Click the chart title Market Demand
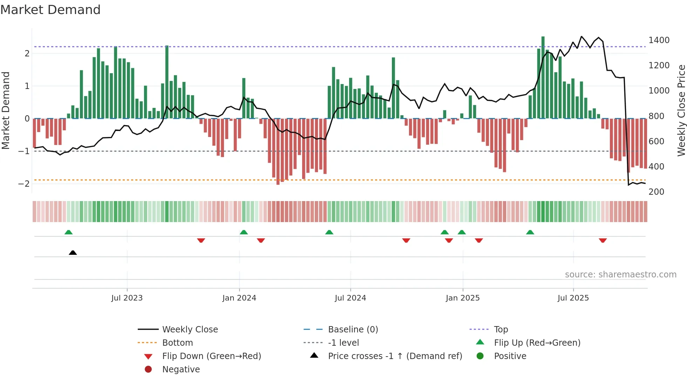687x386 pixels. (x=50, y=10)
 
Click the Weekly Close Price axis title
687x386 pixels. (x=681, y=110)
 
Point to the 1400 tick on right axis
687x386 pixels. (x=659, y=40)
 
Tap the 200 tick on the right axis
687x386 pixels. (x=656, y=192)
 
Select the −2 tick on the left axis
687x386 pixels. (x=24, y=184)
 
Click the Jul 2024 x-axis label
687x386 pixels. (x=350, y=298)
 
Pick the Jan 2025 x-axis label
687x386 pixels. (x=462, y=298)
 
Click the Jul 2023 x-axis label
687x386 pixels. (x=127, y=298)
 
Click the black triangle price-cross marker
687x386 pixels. (x=73, y=253)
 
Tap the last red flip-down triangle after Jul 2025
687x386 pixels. (x=603, y=240)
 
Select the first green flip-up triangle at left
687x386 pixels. (x=69, y=232)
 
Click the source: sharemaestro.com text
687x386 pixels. (x=620, y=275)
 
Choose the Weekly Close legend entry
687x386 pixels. (x=190, y=330)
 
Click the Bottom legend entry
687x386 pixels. (x=177, y=343)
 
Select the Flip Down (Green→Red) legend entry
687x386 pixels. (x=211, y=356)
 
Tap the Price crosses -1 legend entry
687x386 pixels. (x=395, y=356)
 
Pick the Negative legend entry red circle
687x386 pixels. (x=148, y=370)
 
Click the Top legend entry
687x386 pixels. (x=501, y=330)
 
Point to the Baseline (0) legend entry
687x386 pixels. (x=353, y=330)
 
